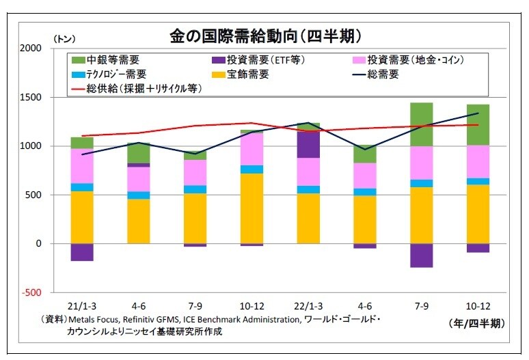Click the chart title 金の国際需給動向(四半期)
pos(265,36)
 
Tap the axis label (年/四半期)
pos(476,322)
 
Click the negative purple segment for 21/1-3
pos(82,252)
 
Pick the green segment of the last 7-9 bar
pos(421,124)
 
